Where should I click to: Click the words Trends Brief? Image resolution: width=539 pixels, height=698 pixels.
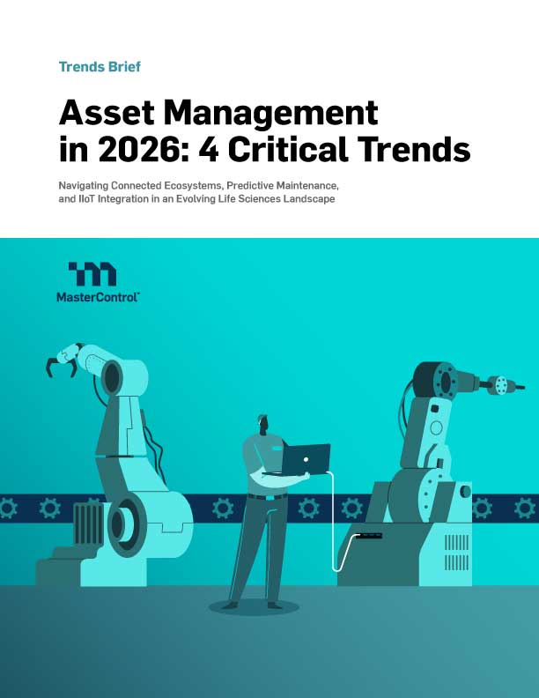click(100, 66)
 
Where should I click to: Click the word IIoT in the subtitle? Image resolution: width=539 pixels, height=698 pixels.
click(94, 200)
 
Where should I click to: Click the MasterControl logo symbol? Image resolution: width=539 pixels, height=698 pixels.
click(92, 274)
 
